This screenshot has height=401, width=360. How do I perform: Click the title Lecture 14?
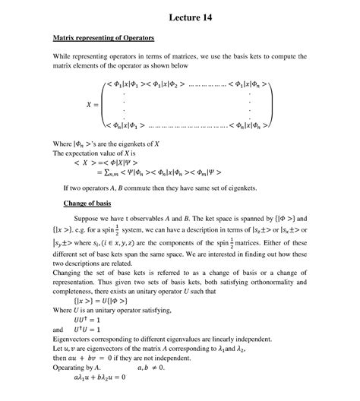(x=180, y=18)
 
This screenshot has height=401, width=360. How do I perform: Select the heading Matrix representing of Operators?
(x=103, y=37)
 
